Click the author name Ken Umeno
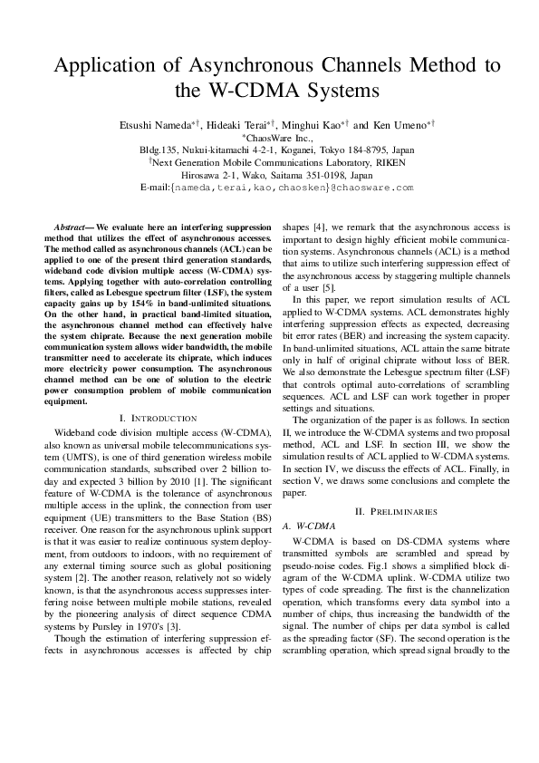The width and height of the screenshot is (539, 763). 399,124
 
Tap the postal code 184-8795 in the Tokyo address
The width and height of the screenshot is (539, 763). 373,150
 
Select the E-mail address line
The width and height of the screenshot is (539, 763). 269,188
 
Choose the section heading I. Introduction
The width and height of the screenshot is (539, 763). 158,418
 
